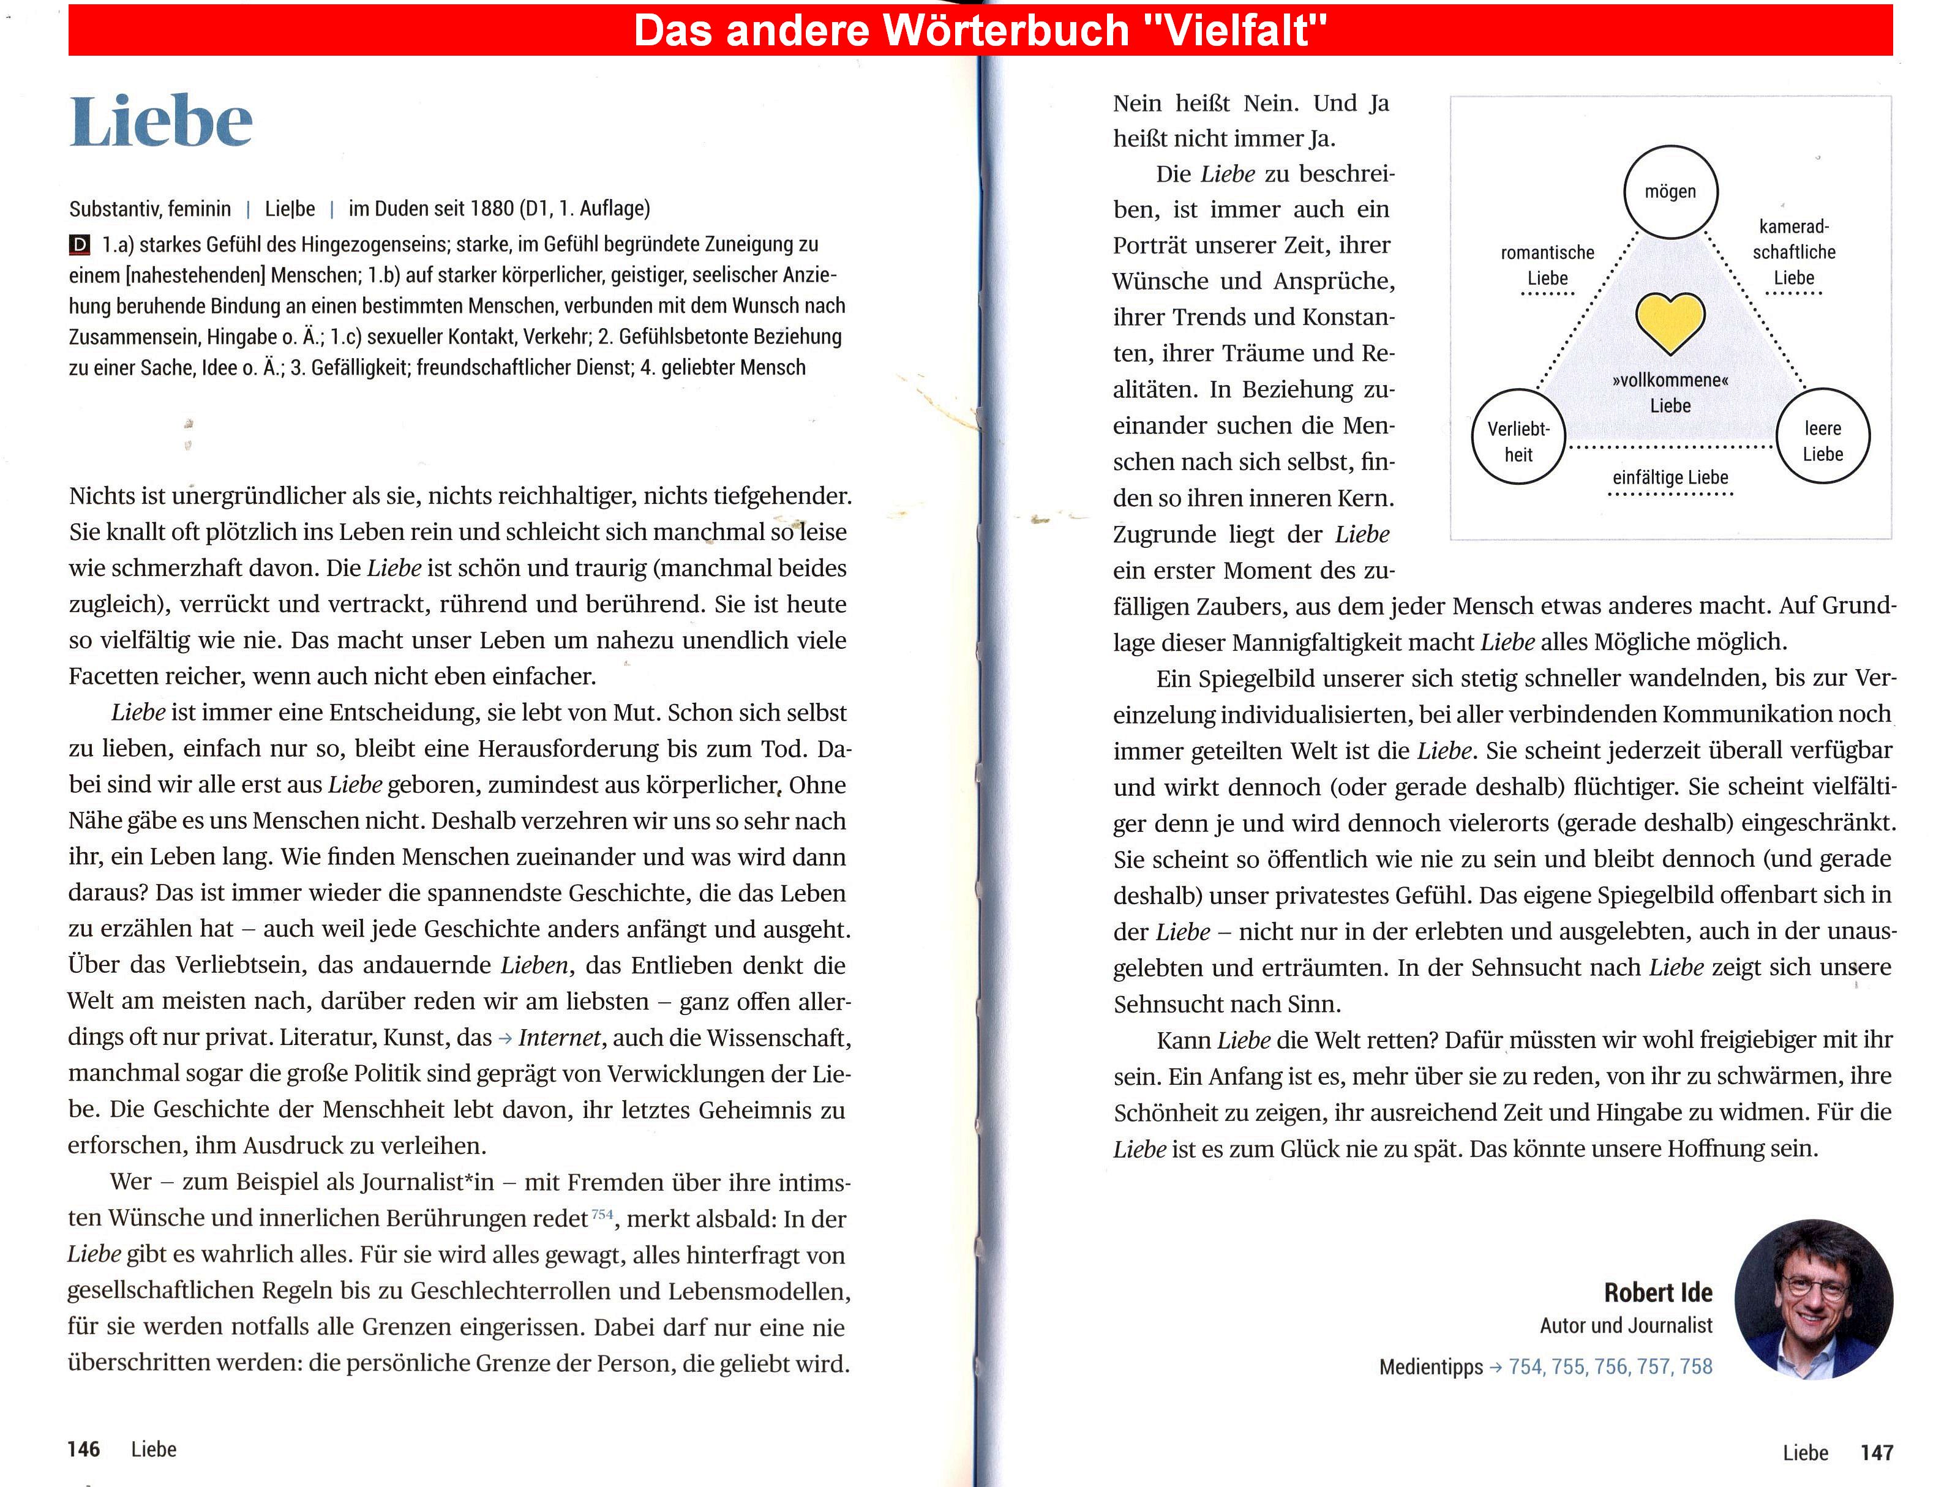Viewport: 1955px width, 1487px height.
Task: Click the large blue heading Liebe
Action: point(161,122)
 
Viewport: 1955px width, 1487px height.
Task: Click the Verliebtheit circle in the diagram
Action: point(1518,437)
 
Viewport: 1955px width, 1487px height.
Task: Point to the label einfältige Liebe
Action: point(1669,478)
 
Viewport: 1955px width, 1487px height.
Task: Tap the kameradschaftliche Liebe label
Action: point(1794,252)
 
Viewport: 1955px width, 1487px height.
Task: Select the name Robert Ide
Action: point(1657,1293)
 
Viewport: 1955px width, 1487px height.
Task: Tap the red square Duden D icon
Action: point(80,245)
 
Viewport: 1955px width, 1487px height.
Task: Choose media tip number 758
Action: point(1695,1366)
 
